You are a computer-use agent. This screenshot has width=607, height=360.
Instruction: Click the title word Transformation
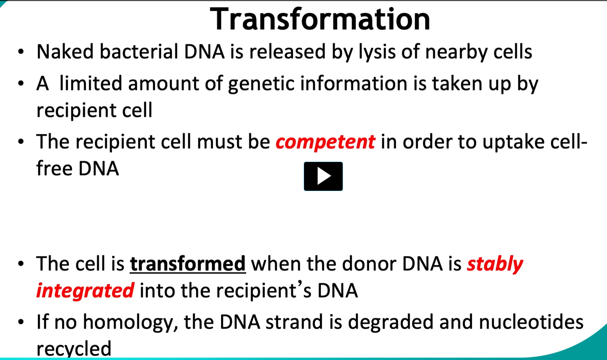pos(320,19)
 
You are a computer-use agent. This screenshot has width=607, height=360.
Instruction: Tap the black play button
pos(323,176)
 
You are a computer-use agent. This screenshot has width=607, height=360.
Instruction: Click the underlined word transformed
pos(188,264)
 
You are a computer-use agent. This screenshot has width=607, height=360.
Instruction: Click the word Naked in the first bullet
pos(65,51)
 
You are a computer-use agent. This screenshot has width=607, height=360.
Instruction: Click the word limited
pos(91,83)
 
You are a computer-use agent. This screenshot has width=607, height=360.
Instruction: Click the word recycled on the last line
pos(74,349)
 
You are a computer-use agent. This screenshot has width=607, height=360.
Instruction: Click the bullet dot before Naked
pos(21,51)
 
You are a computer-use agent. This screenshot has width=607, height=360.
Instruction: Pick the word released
pos(287,51)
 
